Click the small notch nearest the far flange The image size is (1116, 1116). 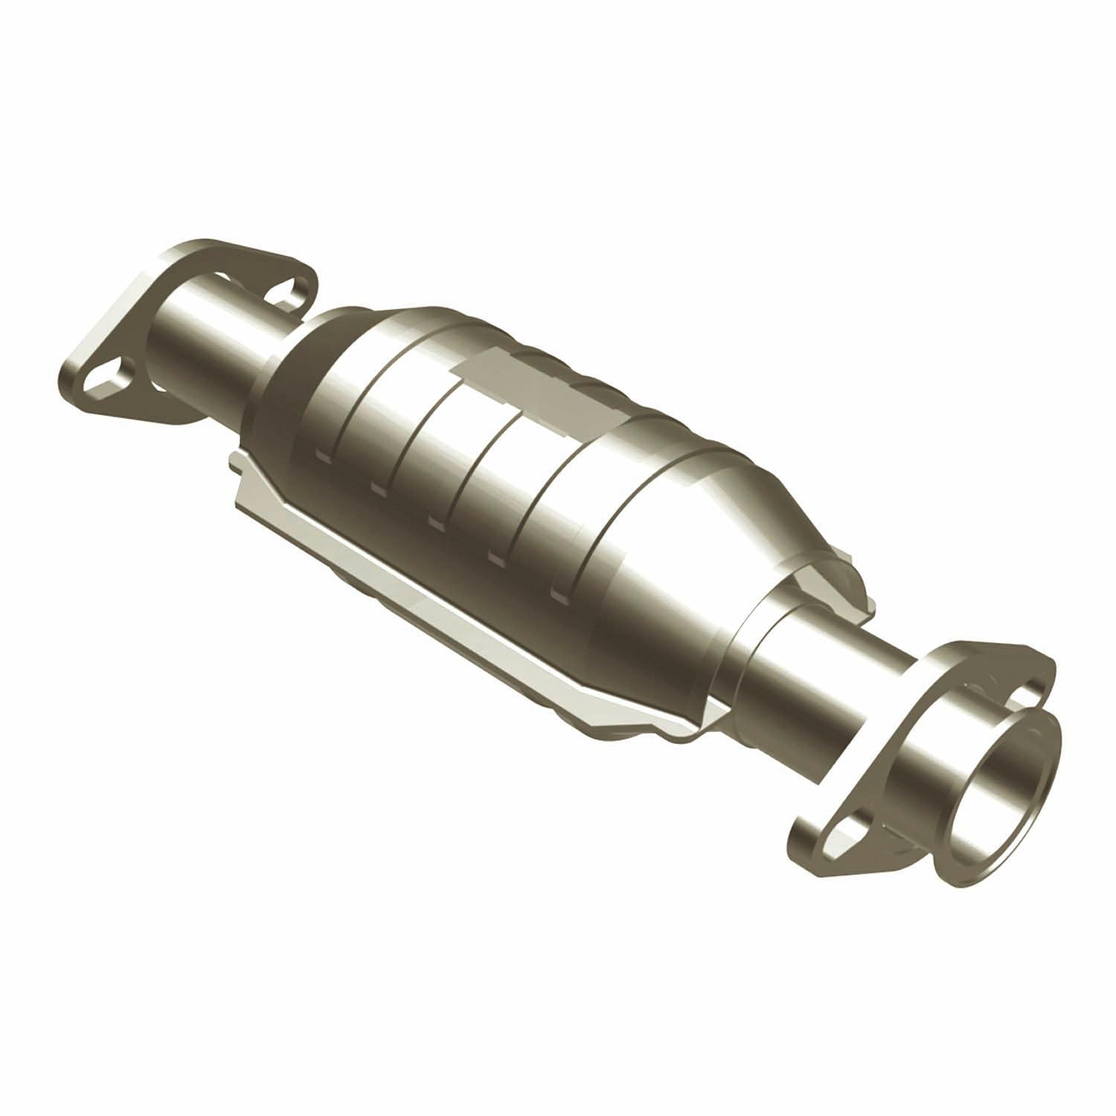[321, 454]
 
